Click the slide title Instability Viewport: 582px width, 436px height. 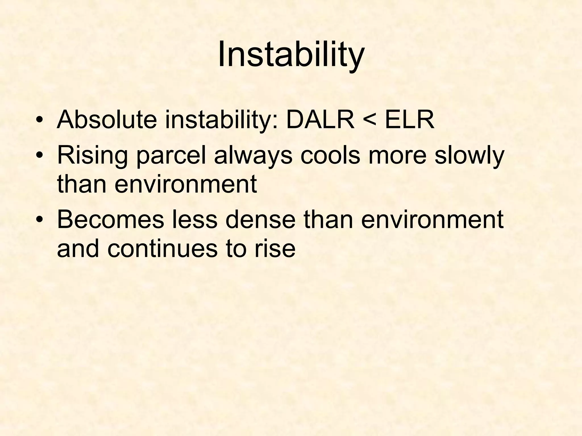(x=291, y=55)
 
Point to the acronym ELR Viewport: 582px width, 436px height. (x=410, y=120)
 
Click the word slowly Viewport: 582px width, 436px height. (x=469, y=156)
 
